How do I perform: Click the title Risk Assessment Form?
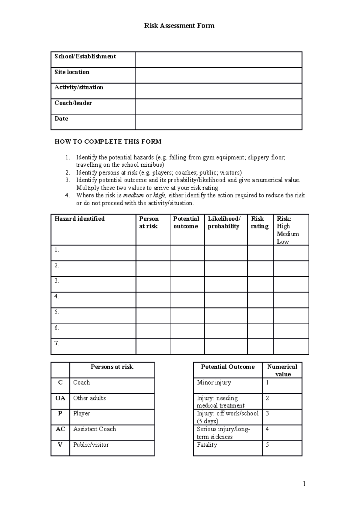179,26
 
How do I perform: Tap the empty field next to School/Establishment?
218,60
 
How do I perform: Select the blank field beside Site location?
218,75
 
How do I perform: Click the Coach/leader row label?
73,103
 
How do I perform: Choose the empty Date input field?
218,122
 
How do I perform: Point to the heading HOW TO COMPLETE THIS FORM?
108,142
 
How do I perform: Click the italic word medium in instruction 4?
133,195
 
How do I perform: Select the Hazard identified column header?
80,219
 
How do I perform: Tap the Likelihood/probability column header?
224,222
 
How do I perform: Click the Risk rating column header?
259,222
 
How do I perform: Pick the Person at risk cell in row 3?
153,284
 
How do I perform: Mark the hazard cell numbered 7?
93,347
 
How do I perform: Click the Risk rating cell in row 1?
260,253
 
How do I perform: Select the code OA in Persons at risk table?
60,398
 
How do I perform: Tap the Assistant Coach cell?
94,429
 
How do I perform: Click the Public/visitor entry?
91,445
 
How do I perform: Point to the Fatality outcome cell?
207,445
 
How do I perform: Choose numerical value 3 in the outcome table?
267,414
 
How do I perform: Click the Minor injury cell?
214,383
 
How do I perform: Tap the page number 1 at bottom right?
304,484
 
